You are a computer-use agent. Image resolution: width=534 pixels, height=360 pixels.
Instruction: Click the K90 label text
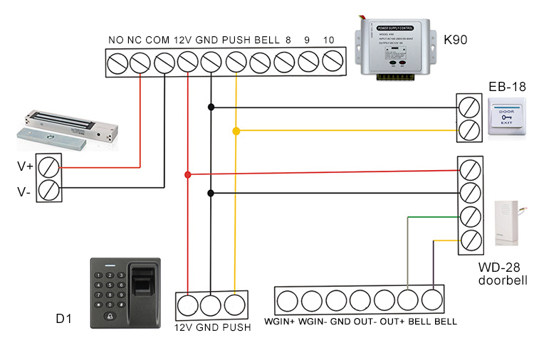tap(455, 40)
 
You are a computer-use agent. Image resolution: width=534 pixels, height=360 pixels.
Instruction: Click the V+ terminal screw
tap(48, 167)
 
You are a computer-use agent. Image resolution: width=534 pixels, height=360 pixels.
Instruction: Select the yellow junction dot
tap(236, 131)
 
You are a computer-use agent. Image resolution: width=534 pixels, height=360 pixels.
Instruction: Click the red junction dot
tap(187, 174)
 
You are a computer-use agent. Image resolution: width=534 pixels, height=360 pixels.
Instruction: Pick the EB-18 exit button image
tap(507, 117)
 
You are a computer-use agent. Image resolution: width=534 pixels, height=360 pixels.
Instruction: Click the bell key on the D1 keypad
tap(108, 317)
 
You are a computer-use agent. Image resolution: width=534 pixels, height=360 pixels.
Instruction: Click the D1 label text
tap(65, 315)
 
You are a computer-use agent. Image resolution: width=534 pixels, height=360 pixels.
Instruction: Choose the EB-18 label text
tap(507, 87)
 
